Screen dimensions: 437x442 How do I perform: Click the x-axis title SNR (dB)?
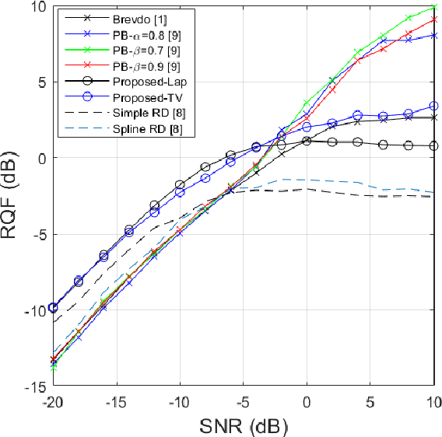coord(243,425)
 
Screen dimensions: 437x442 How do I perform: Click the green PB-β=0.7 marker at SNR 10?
coord(433,7)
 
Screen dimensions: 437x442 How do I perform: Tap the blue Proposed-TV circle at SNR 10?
coord(433,106)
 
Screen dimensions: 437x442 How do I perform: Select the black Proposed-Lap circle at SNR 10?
coord(433,145)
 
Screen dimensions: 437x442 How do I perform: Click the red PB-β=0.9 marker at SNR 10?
coord(433,19)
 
